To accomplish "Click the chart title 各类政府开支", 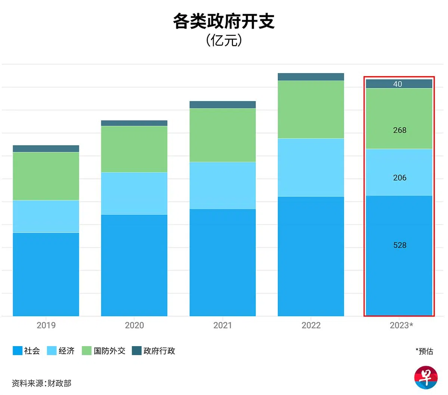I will (224, 22).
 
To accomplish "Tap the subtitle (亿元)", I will (224, 40).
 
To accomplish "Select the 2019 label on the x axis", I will (46, 325).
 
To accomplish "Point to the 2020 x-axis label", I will (134, 325).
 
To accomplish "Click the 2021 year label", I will (223, 325).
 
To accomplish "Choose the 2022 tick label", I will (311, 325).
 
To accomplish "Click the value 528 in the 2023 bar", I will (399, 245).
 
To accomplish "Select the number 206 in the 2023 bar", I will (399, 178).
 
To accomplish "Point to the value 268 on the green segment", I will (399, 130).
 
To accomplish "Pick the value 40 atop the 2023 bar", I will (398, 84).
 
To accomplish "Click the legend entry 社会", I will (27, 351).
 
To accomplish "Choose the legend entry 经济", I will (61, 351).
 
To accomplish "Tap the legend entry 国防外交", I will (104, 351).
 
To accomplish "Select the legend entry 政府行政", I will (153, 351).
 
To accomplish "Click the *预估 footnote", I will (424, 351).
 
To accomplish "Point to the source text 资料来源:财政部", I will (41, 383).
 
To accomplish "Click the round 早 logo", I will (426, 377).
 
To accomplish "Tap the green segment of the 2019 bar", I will (46, 176).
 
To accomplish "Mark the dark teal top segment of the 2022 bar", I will (311, 77).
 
